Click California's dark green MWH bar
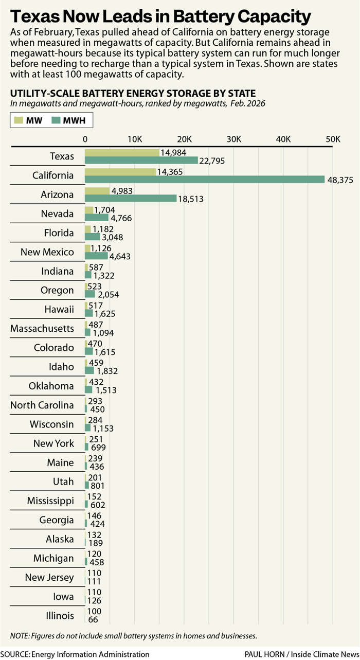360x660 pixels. [x=205, y=180]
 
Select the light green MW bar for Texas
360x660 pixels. [x=122, y=153]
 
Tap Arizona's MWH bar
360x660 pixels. [x=131, y=199]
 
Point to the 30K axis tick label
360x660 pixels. [x=234, y=139]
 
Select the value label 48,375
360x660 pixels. [x=341, y=180]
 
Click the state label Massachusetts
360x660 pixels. [x=42, y=328]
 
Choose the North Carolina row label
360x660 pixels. [x=42, y=405]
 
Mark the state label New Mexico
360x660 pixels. [x=47, y=252]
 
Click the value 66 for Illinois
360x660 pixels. [x=94, y=620]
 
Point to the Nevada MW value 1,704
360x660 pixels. [x=104, y=209]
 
